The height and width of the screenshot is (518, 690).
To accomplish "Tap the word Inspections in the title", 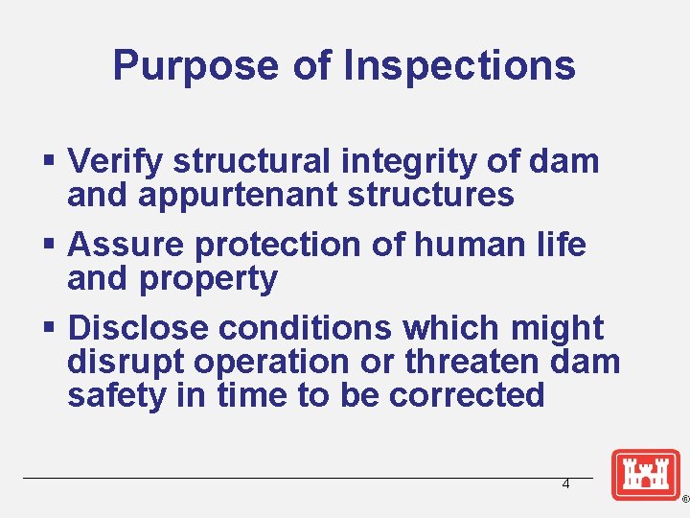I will point(459,65).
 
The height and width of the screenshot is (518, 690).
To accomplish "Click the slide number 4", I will point(565,484).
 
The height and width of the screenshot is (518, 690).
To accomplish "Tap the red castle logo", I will point(645,475).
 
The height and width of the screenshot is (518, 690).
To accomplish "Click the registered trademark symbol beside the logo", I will point(684,501).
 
